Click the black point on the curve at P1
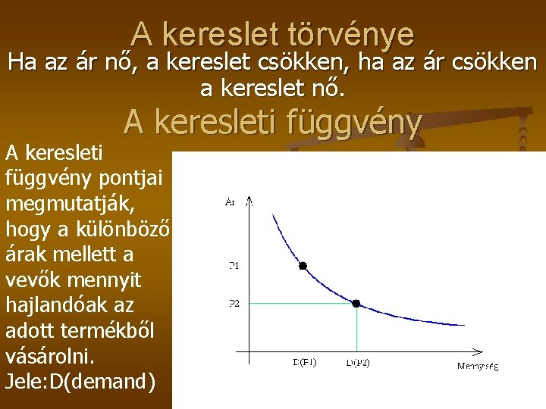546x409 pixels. coord(303,266)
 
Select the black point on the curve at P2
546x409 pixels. coord(356,303)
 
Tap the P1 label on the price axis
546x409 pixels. coord(234,266)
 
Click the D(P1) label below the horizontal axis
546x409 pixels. coord(304,362)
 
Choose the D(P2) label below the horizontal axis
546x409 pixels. coord(358,363)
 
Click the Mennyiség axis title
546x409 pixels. coord(478,367)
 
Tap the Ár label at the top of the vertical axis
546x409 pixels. coord(231,201)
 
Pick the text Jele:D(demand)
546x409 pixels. coord(80,381)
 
